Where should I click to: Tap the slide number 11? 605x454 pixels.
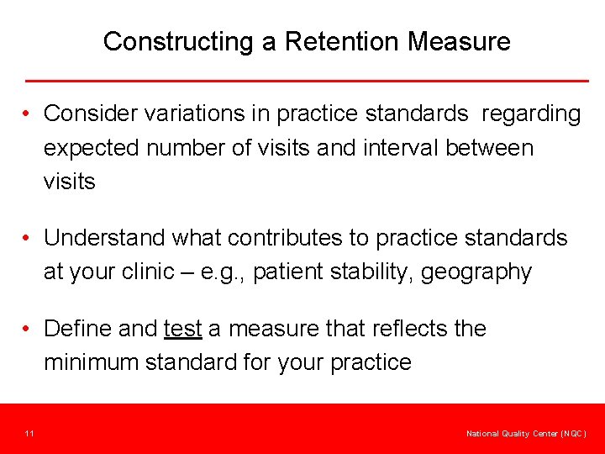pos(29,434)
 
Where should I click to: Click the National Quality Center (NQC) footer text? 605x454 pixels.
pos(527,434)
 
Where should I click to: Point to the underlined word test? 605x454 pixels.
pos(182,329)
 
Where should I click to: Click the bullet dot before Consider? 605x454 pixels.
pos(28,114)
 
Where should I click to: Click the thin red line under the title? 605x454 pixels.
pos(307,81)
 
